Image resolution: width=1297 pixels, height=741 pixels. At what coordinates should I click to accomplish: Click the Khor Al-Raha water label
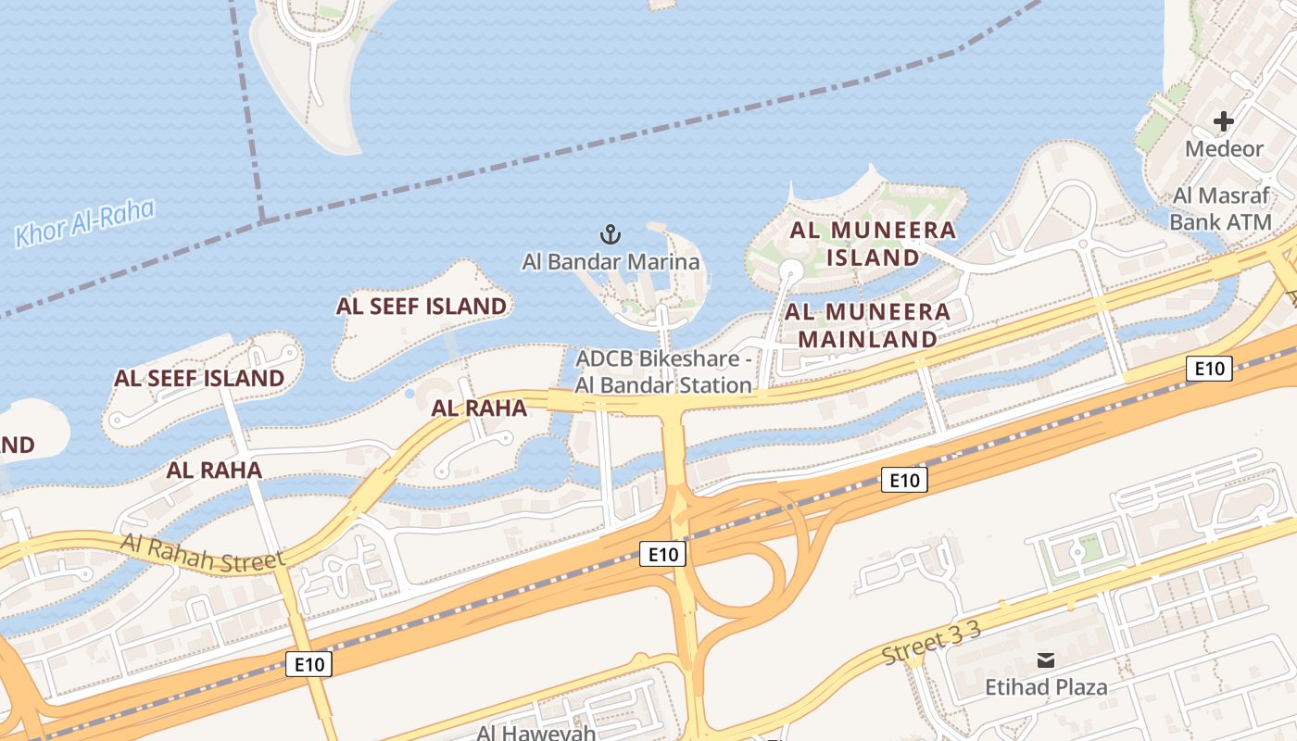(x=84, y=223)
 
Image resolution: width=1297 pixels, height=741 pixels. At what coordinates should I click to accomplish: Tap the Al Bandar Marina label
(x=611, y=261)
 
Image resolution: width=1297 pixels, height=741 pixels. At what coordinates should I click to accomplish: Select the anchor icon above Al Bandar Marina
(x=611, y=233)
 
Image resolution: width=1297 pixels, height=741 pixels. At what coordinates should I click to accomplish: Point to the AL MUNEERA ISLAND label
(x=873, y=244)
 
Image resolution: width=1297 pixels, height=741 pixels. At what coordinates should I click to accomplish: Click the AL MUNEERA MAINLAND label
(x=868, y=325)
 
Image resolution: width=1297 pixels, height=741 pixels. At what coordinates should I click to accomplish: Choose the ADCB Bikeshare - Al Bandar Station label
(x=663, y=371)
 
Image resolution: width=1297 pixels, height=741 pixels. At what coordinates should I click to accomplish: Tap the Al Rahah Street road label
(x=202, y=551)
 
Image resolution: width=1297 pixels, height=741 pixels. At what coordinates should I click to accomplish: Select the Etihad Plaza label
(x=1046, y=687)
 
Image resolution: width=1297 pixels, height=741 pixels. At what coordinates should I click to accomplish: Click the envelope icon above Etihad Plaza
(x=1046, y=660)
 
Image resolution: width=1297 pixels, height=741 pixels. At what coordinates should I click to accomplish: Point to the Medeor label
(x=1224, y=148)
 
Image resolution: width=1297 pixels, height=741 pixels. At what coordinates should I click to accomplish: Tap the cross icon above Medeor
(x=1224, y=121)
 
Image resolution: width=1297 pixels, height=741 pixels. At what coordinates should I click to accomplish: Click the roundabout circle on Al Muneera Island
(x=790, y=270)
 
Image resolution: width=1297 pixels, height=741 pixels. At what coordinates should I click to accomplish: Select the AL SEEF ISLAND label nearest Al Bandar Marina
(x=422, y=306)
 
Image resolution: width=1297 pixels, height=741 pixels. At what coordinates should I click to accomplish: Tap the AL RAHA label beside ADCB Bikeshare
(x=480, y=408)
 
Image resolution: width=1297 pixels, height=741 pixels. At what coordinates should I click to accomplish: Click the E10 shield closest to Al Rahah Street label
(x=309, y=664)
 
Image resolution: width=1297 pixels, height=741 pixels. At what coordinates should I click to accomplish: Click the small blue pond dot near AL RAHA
(x=409, y=394)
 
